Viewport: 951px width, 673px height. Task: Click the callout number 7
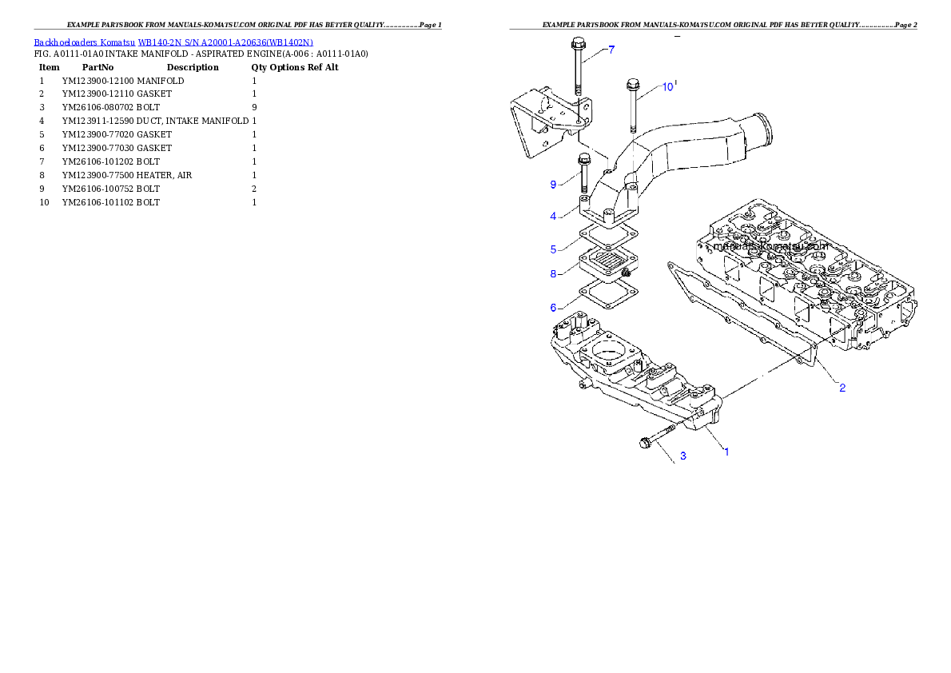coord(611,50)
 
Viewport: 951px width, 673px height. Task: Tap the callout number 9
coord(553,185)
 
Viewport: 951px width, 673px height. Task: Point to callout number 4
coord(553,217)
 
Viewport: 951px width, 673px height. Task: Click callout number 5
coord(553,249)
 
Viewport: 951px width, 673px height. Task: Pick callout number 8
coord(553,274)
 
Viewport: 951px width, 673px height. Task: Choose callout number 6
coord(553,308)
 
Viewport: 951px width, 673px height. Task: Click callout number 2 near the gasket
coord(842,388)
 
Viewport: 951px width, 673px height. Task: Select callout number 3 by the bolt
coord(682,457)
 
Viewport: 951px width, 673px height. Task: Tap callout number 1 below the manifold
coord(726,452)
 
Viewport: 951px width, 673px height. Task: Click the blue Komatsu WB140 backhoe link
coord(173,42)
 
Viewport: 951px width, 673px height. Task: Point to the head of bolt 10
coord(633,83)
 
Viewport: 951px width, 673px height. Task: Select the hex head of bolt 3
coord(646,443)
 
